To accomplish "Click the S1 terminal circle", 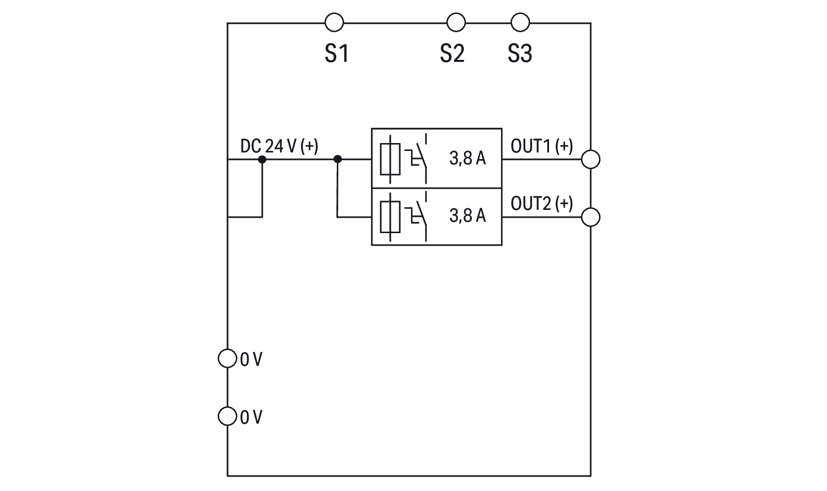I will (334, 22).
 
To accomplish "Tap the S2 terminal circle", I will (456, 22).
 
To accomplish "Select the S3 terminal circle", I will (520, 22).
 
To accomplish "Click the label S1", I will (337, 53).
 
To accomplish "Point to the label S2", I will (452, 53).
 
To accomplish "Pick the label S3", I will (520, 53).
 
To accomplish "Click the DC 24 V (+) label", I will (279, 146).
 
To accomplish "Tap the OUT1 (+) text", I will (542, 146).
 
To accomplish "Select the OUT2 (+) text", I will (542, 203).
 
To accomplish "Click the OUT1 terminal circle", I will (591, 159).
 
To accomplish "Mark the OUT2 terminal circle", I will (591, 217).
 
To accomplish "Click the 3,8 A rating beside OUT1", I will (467, 158).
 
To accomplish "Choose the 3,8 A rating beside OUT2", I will (467, 216).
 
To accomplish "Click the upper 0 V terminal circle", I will (227, 358).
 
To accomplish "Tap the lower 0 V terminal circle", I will (227, 416).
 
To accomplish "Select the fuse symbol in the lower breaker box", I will (390, 216).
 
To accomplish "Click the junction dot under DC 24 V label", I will (262, 159).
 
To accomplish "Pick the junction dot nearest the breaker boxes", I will (338, 159).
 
